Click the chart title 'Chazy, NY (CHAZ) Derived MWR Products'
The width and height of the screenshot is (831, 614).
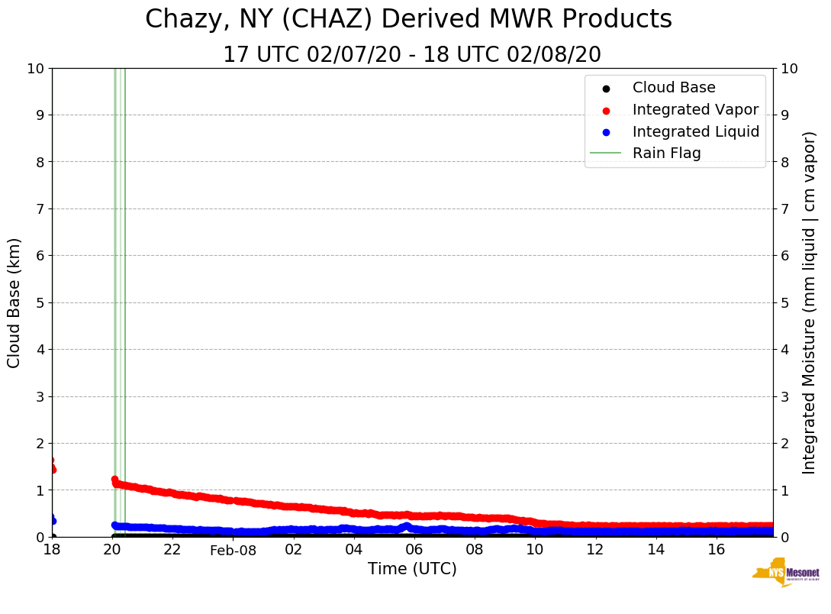click(x=408, y=20)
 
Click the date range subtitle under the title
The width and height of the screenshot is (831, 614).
click(x=412, y=55)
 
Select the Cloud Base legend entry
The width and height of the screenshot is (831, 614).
click(x=674, y=88)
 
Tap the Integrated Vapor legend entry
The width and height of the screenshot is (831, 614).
click(x=695, y=110)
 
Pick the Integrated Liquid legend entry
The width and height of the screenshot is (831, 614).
click(x=695, y=131)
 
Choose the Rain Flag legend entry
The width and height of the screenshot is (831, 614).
click(x=666, y=153)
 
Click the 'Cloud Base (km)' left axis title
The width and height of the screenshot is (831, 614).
click(x=14, y=302)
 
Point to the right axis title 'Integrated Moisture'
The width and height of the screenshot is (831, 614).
click(x=810, y=302)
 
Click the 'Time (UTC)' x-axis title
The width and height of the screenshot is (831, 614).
click(x=412, y=569)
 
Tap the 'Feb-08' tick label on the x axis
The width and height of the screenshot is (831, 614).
click(x=234, y=551)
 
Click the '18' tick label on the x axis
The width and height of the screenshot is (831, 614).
click(x=52, y=550)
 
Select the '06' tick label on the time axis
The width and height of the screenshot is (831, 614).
click(x=414, y=550)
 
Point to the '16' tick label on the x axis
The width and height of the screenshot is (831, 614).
click(x=716, y=550)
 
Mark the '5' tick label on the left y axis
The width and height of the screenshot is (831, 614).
click(x=40, y=302)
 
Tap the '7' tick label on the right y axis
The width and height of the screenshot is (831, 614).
click(x=784, y=208)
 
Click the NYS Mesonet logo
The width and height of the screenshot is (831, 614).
click(x=786, y=573)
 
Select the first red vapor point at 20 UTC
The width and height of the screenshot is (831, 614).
click(x=114, y=480)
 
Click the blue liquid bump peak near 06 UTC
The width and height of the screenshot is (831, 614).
click(x=407, y=525)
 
